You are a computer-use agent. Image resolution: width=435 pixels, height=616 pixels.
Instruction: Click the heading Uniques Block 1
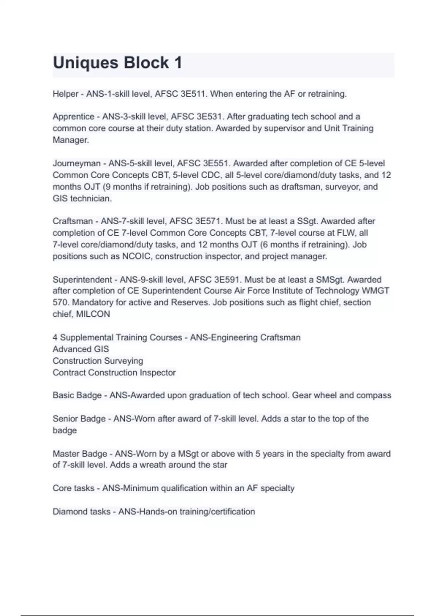pos(117,63)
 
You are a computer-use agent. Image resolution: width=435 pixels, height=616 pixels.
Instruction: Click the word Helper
pos(65,94)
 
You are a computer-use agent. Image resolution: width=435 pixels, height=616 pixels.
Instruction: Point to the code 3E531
pos(211,117)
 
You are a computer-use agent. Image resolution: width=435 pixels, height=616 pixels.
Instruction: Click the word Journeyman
pos(76,163)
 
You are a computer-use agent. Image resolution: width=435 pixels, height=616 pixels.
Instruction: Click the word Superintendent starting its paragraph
pos(82,280)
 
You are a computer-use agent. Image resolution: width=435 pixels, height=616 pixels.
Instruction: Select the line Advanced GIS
pos(80,349)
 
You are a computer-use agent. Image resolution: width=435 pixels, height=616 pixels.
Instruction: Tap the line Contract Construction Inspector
pos(114,372)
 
